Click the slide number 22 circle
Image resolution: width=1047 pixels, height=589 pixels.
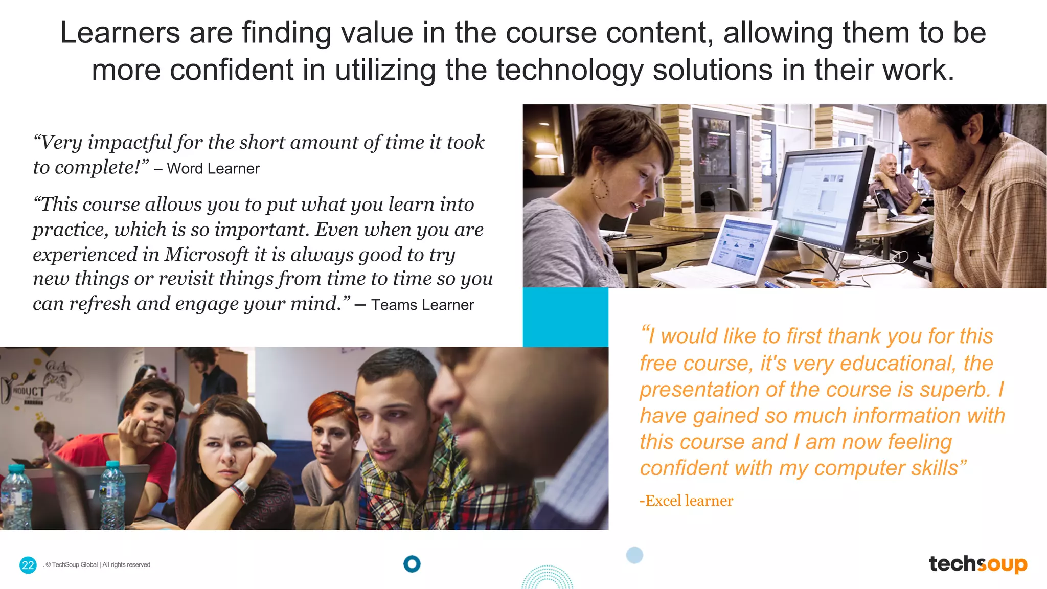pyautogui.click(x=28, y=565)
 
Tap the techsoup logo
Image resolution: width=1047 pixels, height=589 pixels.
pyautogui.click(x=977, y=564)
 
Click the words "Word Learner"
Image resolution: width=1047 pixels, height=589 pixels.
pyautogui.click(x=213, y=169)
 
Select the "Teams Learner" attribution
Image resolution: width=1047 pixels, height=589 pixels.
pyautogui.click(x=422, y=305)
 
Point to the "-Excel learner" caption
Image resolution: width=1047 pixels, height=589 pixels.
pyautogui.click(x=686, y=501)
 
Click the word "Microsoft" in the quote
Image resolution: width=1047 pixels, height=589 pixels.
pyautogui.click(x=206, y=255)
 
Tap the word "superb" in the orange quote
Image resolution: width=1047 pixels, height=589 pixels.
pyautogui.click(x=952, y=390)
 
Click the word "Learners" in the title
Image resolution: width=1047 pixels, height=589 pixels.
pyautogui.click(x=120, y=33)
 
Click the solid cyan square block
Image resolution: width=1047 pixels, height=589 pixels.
pyautogui.click(x=565, y=317)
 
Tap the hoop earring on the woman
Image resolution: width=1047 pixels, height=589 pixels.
pyautogui.click(x=600, y=188)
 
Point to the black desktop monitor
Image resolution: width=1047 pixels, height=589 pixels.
pyautogui.click(x=823, y=199)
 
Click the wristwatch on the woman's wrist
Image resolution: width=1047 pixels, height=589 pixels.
pyautogui.click(x=244, y=490)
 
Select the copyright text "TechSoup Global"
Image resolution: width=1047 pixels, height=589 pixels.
pyautogui.click(x=75, y=565)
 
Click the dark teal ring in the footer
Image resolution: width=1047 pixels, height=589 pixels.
pyautogui.click(x=412, y=564)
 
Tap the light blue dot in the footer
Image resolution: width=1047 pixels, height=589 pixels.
pyautogui.click(x=634, y=555)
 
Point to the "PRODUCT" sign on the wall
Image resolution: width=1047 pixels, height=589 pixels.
pyautogui.click(x=28, y=392)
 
